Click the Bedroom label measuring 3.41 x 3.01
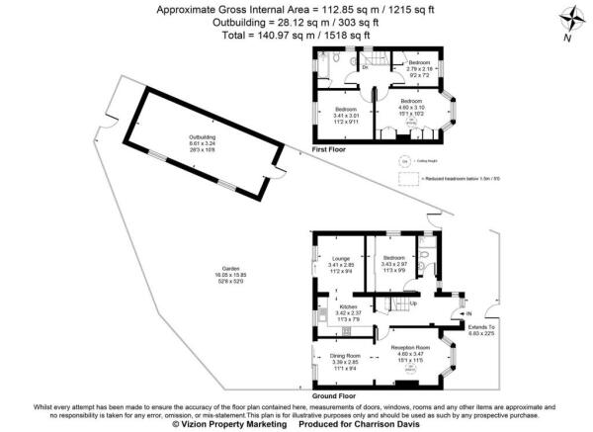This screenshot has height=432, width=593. pos(347,109)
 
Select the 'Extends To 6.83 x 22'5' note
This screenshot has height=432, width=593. pos(483,328)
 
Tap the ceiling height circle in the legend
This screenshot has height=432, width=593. pos(404,160)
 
